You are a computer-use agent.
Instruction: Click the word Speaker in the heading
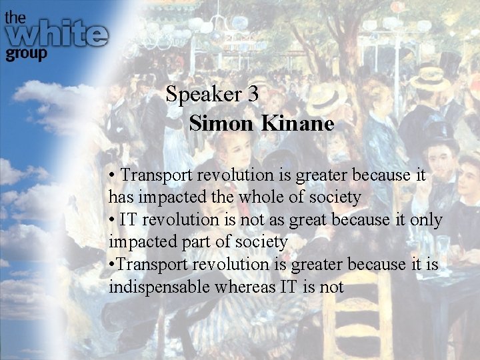[x=204, y=95]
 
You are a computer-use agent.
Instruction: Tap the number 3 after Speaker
[x=253, y=95]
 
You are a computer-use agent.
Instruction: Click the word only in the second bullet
[x=426, y=219]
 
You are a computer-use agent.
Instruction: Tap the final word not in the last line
[x=331, y=287]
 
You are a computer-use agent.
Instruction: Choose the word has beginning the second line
[x=121, y=197]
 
